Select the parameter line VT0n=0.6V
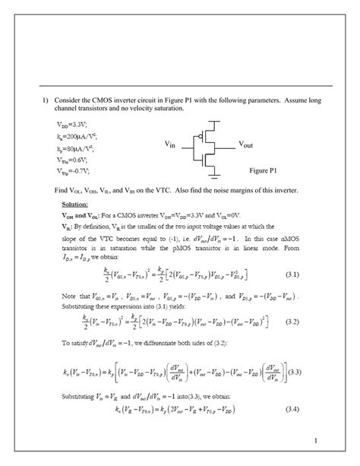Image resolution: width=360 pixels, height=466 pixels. point(74,160)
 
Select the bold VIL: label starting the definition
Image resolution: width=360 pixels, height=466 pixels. point(66,226)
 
